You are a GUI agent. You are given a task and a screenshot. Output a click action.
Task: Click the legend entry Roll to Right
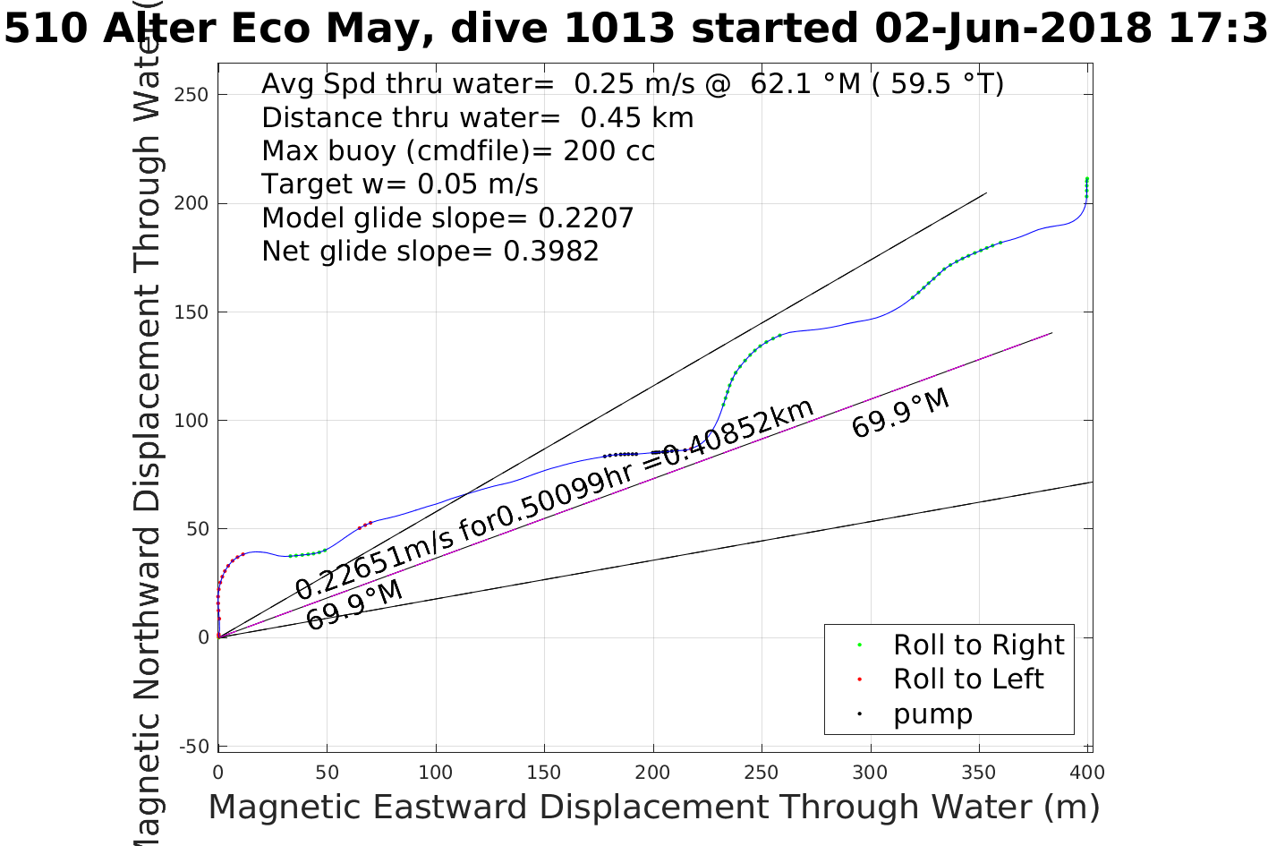point(978,645)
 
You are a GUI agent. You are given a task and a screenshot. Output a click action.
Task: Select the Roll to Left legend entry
point(967,679)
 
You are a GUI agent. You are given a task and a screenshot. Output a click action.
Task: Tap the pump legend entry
point(932,714)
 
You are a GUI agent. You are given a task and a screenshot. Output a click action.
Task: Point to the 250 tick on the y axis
point(191,95)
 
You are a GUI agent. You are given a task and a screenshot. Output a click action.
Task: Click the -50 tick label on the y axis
point(193,746)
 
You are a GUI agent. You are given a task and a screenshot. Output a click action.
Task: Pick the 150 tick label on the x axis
point(544,773)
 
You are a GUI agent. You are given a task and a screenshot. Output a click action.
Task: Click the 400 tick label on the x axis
point(1087,773)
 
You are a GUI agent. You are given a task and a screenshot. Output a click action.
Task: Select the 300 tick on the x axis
point(870,773)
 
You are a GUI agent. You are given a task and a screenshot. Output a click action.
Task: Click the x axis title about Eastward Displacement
point(653,807)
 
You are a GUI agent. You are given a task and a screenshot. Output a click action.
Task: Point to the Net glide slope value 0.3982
point(550,252)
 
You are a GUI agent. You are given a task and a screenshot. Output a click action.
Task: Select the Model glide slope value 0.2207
point(585,218)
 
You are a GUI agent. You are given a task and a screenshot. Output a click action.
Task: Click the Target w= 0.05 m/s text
point(400,184)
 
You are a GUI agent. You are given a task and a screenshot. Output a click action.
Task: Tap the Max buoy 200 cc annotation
point(458,150)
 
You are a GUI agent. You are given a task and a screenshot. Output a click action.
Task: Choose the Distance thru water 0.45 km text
point(477,117)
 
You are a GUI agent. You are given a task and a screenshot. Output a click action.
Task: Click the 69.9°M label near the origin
point(353,605)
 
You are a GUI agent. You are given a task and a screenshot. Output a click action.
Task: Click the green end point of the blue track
point(1086,179)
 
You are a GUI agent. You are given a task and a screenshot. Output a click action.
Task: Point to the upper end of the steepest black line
point(986,192)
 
